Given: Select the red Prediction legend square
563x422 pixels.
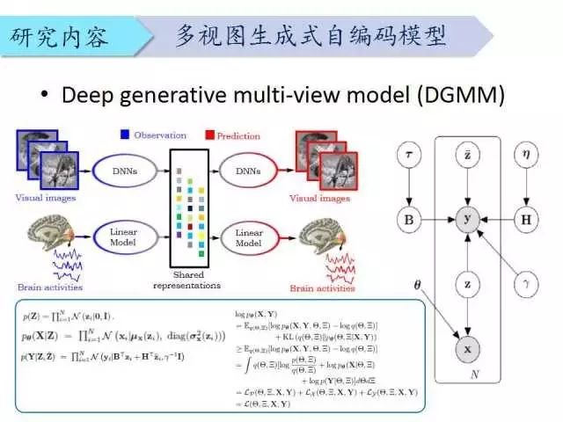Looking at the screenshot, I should click(209, 135).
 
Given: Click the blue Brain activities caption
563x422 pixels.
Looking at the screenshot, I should click(50, 286).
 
